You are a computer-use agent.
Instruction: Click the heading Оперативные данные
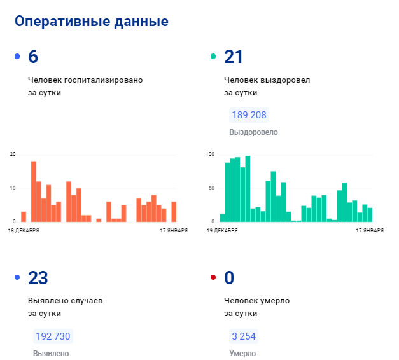pyautogui.click(x=92, y=22)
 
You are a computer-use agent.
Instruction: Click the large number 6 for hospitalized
pyautogui.click(x=33, y=57)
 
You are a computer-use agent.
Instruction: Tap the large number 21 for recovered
pyautogui.click(x=234, y=57)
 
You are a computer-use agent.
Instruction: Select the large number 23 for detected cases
pyautogui.click(x=38, y=278)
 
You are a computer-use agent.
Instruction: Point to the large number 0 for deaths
pyautogui.click(x=229, y=278)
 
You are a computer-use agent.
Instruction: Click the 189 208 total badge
pyautogui.click(x=249, y=115)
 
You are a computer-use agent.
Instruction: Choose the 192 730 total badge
pyautogui.click(x=53, y=336)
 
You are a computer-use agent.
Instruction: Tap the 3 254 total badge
pyautogui.click(x=244, y=336)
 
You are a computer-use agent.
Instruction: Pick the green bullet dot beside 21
pyautogui.click(x=213, y=57)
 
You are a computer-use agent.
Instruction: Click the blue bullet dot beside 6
pyautogui.click(x=17, y=57)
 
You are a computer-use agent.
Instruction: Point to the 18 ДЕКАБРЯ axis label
pyautogui.click(x=24, y=231)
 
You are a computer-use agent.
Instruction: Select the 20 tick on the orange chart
pyautogui.click(x=13, y=155)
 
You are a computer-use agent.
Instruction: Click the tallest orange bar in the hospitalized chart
pyautogui.click(x=34, y=191)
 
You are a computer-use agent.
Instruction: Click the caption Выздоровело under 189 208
pyautogui.click(x=253, y=132)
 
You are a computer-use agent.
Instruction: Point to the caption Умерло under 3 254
pyautogui.click(x=242, y=354)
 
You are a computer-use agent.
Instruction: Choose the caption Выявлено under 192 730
pyautogui.click(x=51, y=354)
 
